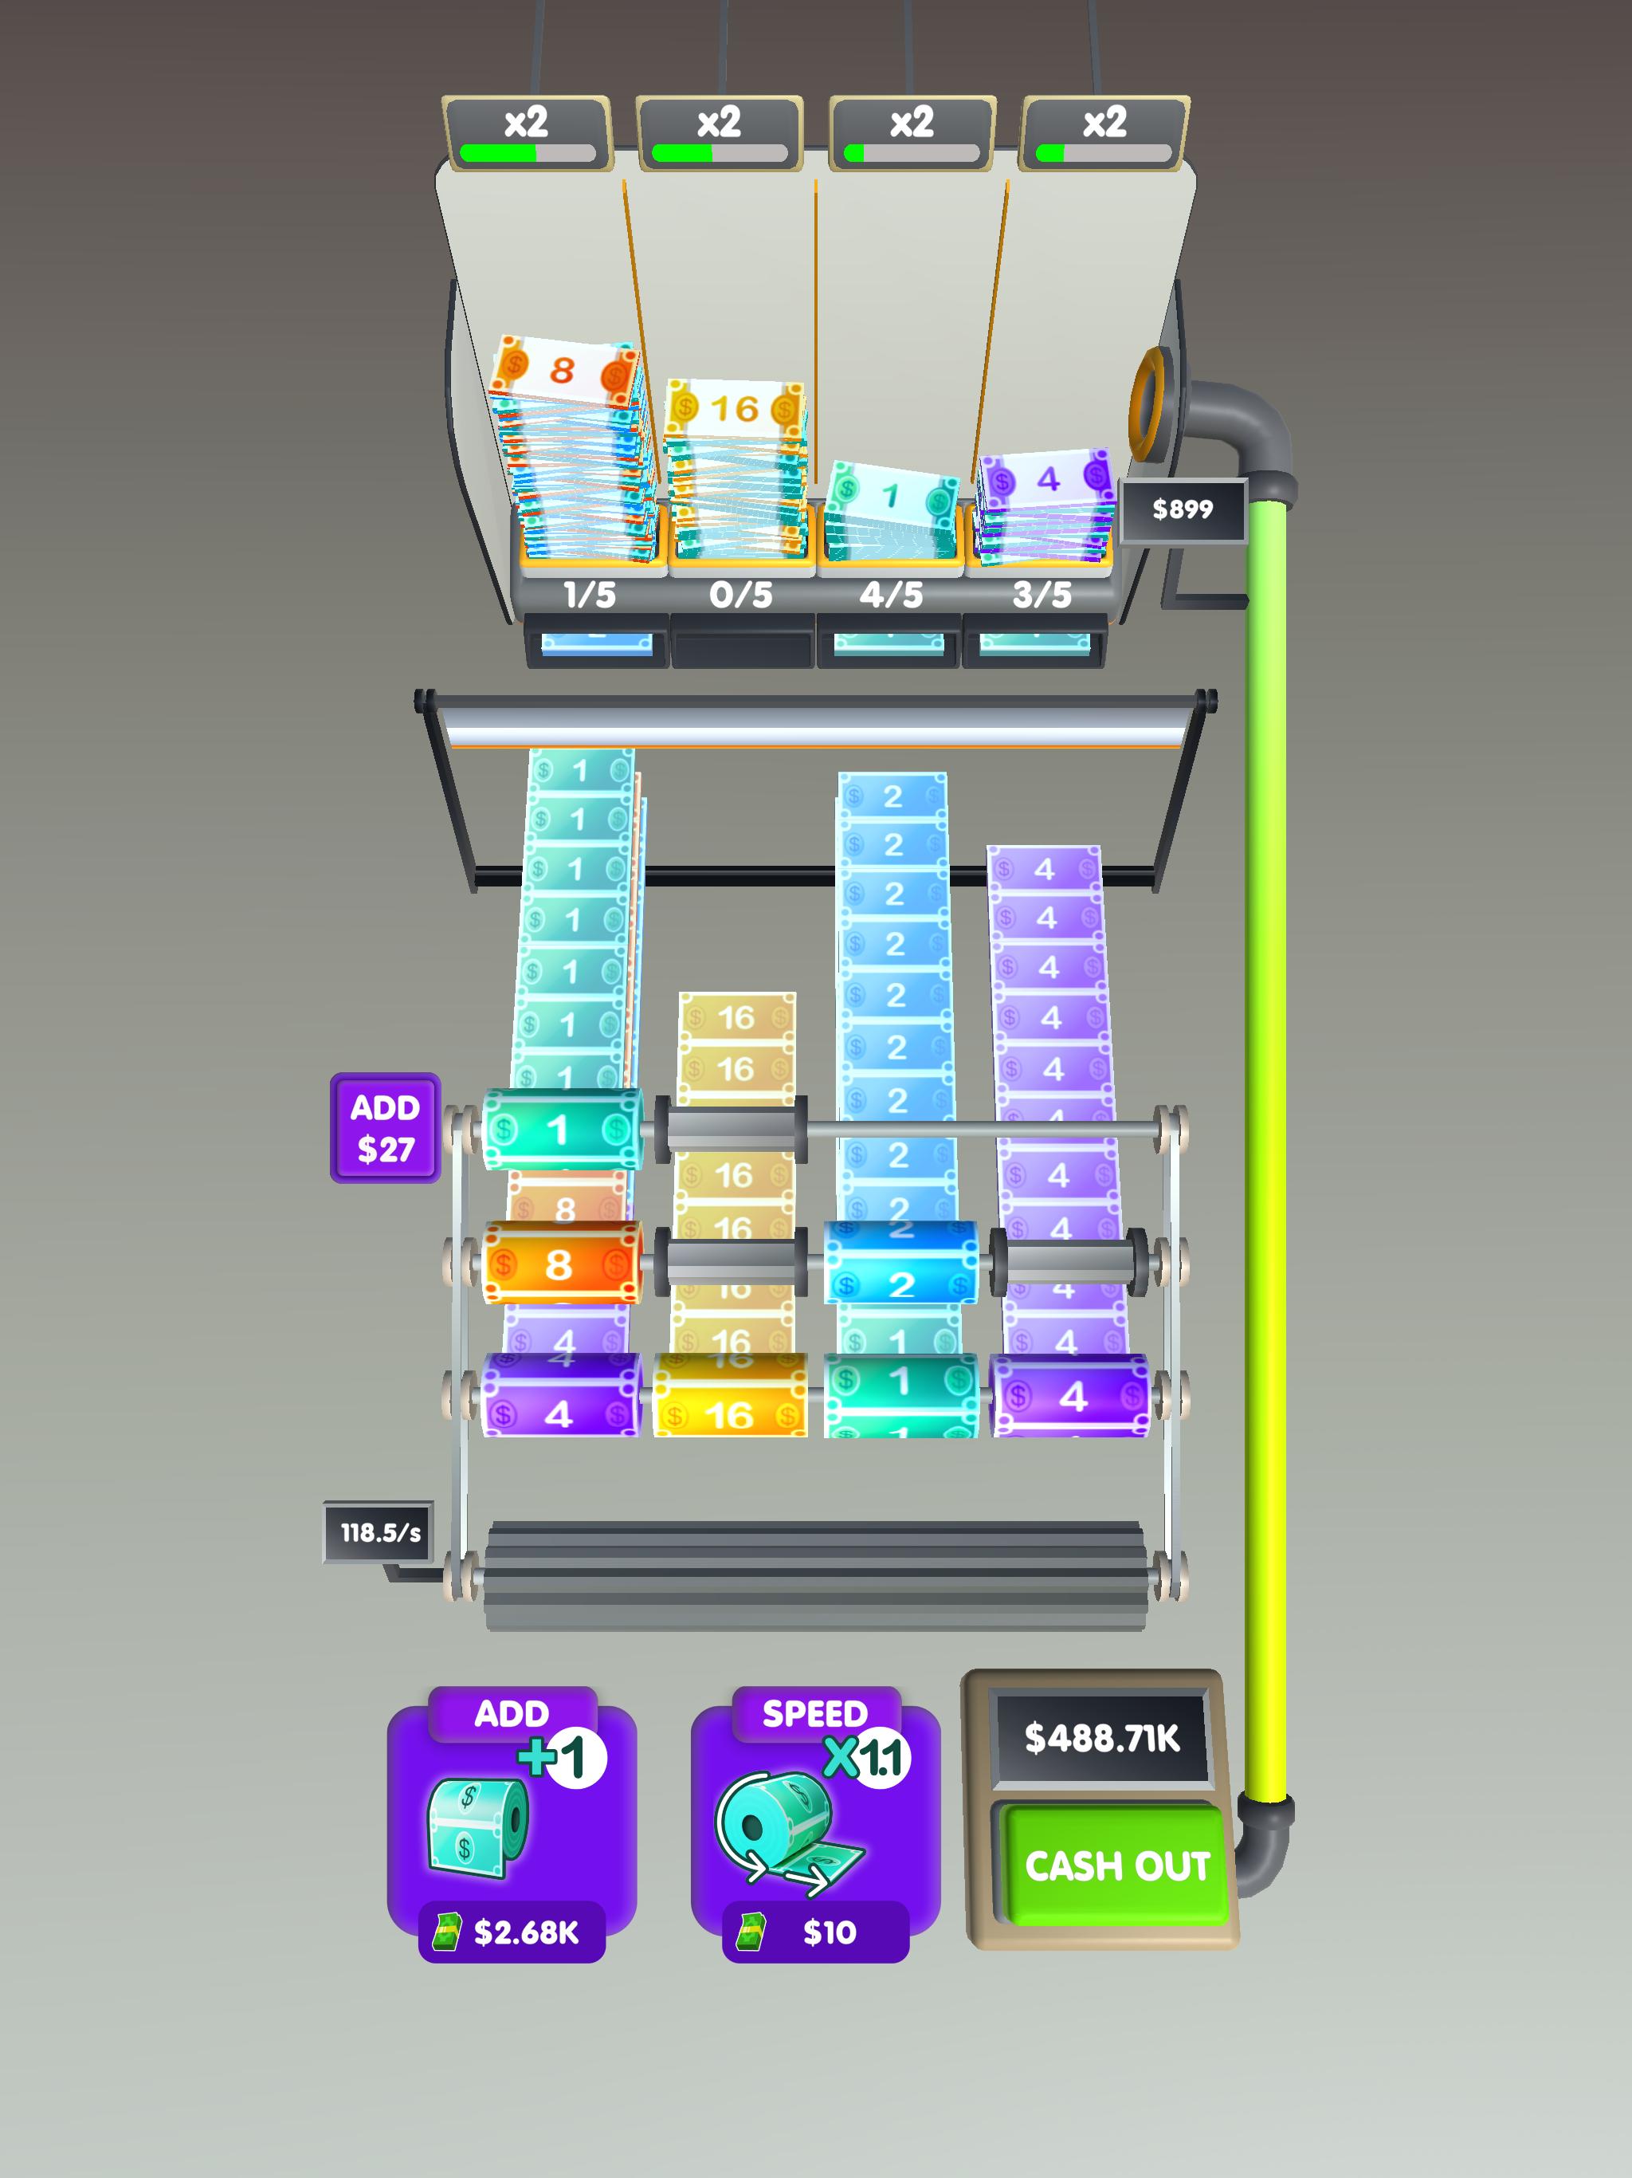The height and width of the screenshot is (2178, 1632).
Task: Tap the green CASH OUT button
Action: [1116, 1864]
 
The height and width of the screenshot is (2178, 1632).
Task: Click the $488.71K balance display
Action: [1101, 1738]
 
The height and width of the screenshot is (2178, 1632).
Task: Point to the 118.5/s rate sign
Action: [379, 1532]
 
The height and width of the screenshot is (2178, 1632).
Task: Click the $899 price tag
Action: [1183, 509]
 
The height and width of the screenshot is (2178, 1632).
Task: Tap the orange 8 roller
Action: [560, 1264]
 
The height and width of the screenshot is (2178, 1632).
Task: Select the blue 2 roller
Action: [900, 1264]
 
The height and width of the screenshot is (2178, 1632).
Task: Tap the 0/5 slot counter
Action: [740, 595]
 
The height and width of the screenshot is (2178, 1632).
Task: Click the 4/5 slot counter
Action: [891, 595]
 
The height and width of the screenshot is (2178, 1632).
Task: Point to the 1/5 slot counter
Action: [589, 595]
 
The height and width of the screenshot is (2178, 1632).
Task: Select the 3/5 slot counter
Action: [1042, 595]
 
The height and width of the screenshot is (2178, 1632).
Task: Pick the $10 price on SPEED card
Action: [829, 1932]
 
